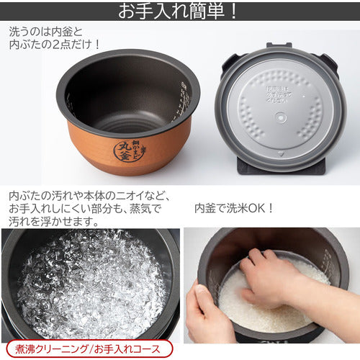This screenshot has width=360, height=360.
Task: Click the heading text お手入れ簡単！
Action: pos(179,12)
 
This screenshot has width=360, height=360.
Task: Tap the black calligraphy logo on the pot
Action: pos(128,148)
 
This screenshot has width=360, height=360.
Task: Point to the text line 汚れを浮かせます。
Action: pos(53,222)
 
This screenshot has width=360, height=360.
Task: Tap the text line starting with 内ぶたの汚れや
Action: pos(86,194)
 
